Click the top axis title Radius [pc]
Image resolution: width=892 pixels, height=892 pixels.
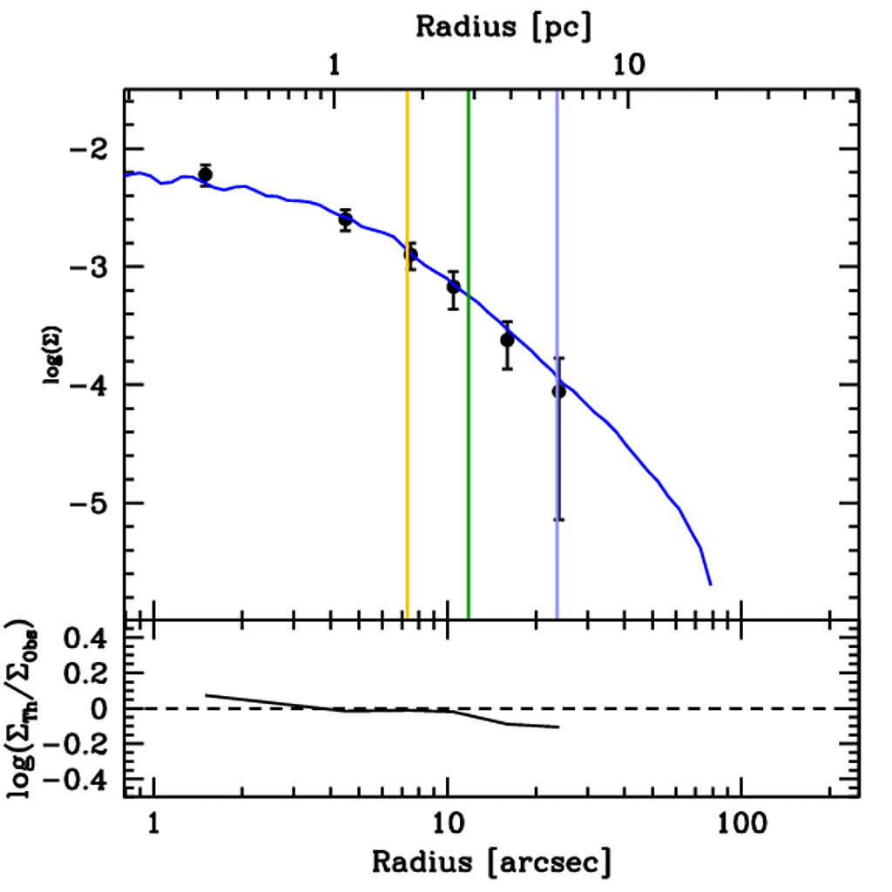tap(503, 26)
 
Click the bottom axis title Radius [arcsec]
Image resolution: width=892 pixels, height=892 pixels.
tap(491, 862)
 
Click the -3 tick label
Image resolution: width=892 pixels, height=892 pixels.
tap(90, 267)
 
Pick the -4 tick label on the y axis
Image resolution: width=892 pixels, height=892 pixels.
tap(90, 385)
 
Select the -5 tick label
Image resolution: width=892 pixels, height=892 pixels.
tap(90, 503)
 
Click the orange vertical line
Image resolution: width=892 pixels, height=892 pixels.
tap(407, 436)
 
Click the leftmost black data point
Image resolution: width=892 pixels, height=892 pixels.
tap(206, 174)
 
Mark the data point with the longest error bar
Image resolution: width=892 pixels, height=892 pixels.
tap(558, 392)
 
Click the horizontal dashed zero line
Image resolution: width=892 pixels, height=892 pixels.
tap(697, 709)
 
